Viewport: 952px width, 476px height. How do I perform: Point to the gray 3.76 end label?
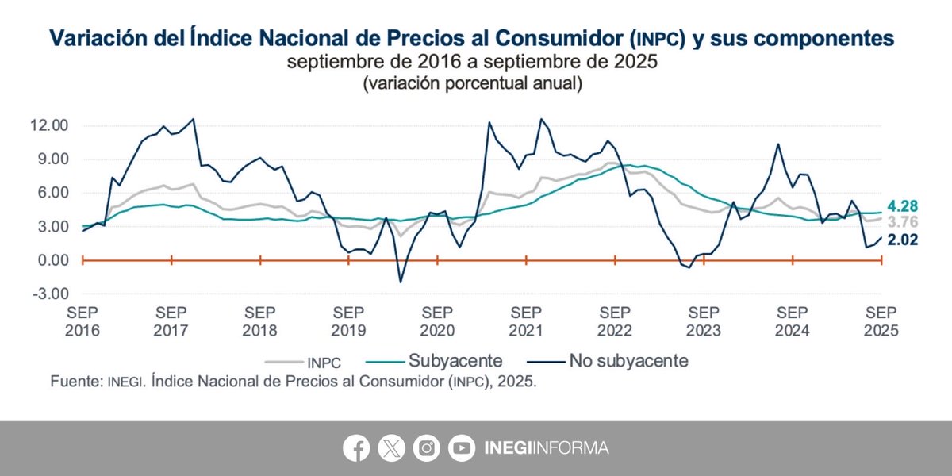(902, 223)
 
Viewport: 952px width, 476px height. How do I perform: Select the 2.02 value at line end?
(902, 240)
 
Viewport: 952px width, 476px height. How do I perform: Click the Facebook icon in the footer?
(356, 448)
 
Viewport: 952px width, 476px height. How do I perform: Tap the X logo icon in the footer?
(391, 448)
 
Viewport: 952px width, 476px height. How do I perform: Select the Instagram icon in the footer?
(427, 448)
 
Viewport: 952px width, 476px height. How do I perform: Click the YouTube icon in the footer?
(461, 448)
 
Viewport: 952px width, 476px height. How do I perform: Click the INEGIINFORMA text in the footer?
(546, 448)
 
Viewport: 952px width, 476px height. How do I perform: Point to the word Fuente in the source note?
(73, 382)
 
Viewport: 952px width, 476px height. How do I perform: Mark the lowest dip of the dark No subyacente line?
(401, 282)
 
